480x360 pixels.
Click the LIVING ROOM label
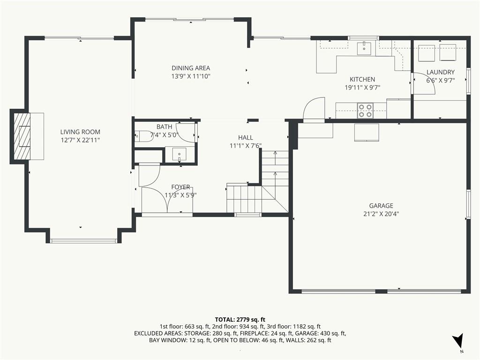(x=80, y=132)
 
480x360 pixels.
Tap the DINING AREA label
(x=191, y=68)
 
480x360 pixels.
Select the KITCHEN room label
(x=362, y=79)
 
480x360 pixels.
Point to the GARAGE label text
(x=381, y=206)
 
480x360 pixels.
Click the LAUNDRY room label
(x=441, y=72)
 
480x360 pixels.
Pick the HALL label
(x=246, y=138)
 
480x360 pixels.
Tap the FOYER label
(x=180, y=187)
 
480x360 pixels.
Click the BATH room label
(x=165, y=127)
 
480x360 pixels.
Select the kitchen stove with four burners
(x=366, y=111)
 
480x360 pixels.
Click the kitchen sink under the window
(x=364, y=48)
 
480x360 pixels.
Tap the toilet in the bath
(x=143, y=136)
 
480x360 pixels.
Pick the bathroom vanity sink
(x=180, y=154)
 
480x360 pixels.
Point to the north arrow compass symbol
(x=458, y=340)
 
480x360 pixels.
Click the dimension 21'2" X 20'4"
(x=381, y=214)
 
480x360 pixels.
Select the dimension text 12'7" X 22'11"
(x=80, y=140)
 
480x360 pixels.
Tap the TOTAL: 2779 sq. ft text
(x=240, y=320)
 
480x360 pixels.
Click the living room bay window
(x=83, y=241)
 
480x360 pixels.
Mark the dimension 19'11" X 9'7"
(x=362, y=88)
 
